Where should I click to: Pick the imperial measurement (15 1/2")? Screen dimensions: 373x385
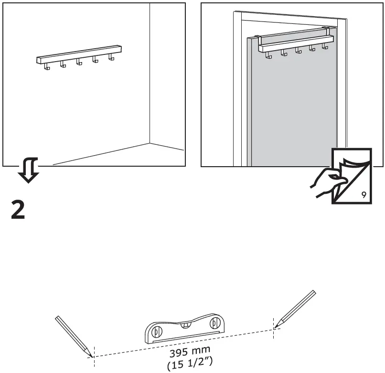tap(190, 364)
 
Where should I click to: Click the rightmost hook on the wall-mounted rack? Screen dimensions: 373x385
tap(112, 58)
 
